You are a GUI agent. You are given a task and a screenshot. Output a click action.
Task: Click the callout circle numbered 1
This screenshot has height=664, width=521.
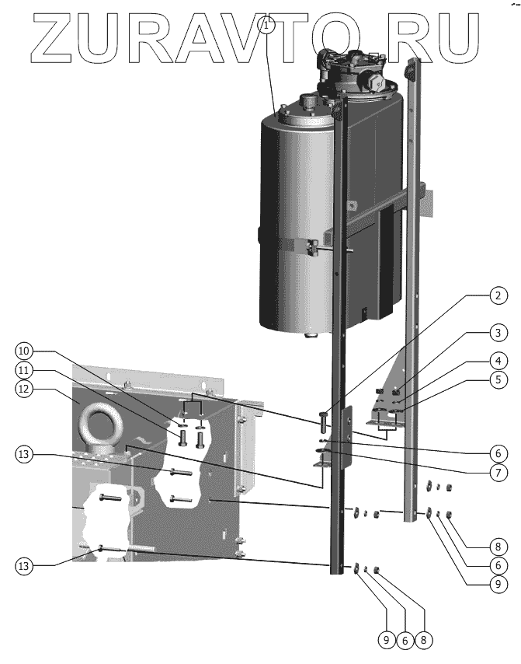point(268,26)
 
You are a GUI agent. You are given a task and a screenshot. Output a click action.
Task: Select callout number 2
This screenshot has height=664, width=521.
point(498,297)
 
